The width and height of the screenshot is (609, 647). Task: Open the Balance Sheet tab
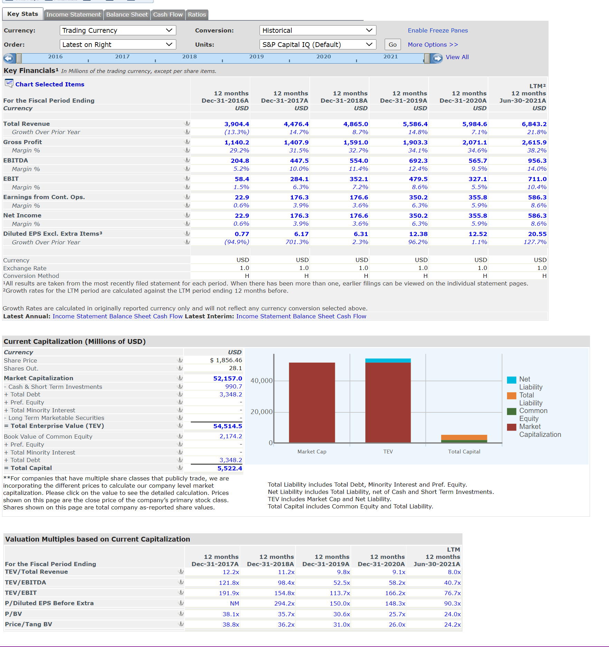click(x=127, y=15)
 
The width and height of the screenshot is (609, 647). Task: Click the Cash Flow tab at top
click(x=168, y=15)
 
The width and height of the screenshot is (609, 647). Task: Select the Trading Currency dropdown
click(x=118, y=30)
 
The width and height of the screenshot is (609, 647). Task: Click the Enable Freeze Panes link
click(x=438, y=30)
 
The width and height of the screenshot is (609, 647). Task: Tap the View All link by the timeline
click(x=457, y=57)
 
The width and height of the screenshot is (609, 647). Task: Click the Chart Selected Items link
click(x=50, y=84)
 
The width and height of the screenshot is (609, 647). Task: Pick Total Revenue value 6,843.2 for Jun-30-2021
click(x=534, y=124)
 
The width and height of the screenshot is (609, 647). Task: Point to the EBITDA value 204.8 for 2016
click(x=240, y=161)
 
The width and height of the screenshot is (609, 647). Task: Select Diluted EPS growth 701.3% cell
click(x=297, y=242)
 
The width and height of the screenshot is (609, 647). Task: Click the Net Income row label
click(x=22, y=215)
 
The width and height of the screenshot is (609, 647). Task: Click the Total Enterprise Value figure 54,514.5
click(x=227, y=426)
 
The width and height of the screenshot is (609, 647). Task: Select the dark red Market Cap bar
click(x=312, y=403)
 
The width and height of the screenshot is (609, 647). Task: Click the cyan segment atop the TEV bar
click(x=388, y=360)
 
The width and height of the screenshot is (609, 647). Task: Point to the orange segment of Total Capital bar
click(x=464, y=437)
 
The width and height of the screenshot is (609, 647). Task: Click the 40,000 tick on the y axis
click(x=261, y=381)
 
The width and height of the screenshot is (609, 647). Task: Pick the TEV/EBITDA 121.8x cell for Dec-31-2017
click(x=229, y=583)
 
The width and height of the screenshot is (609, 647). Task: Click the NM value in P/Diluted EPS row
click(x=234, y=603)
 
